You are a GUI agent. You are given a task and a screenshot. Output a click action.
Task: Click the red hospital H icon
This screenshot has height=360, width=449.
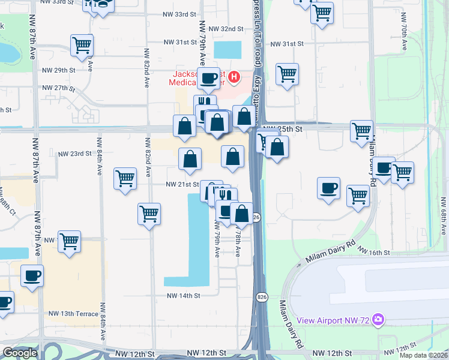pyautogui.click(x=234, y=77)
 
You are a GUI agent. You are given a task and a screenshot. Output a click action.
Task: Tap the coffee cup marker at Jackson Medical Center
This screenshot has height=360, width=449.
pyautogui.click(x=208, y=77)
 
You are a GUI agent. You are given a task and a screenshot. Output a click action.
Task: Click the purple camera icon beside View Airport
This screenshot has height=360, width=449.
pyautogui.click(x=378, y=319)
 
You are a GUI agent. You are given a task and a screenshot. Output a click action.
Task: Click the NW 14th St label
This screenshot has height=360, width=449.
pyautogui.click(x=183, y=296)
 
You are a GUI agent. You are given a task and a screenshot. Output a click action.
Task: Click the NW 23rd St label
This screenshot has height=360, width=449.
pyautogui.click(x=74, y=154)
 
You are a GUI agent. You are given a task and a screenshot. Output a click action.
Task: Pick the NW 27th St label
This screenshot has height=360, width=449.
pyautogui.click(x=58, y=88)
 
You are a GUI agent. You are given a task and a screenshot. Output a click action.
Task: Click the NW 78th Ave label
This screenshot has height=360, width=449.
pyautogui.click(x=238, y=242)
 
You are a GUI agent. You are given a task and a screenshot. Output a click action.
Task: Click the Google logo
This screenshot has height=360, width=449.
pyautogui.click(x=20, y=353)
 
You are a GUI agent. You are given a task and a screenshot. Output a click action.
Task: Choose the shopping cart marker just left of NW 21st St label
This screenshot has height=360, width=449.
pyautogui.click(x=125, y=178)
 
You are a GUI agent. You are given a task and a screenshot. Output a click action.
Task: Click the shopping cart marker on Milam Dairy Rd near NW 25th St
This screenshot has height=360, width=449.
pyautogui.click(x=362, y=131)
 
